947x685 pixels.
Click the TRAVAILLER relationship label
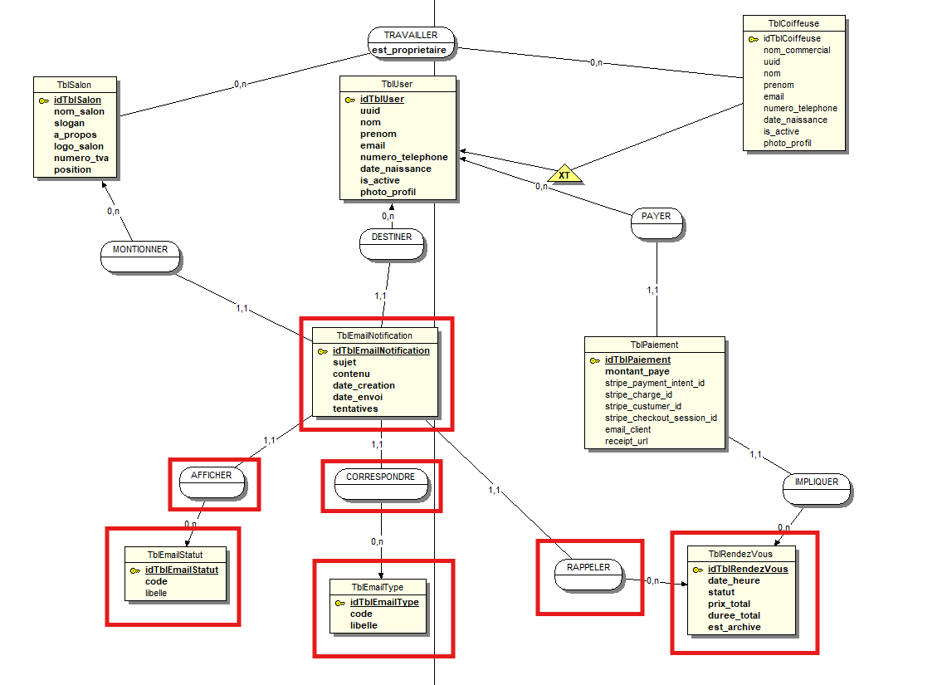coord(412,36)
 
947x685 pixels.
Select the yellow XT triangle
coord(564,174)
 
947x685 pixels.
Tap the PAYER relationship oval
coord(657,217)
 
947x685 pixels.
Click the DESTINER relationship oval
coord(391,237)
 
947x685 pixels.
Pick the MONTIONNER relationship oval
coord(140,250)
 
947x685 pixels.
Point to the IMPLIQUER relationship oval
coord(817,482)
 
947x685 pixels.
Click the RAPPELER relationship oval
coord(588,568)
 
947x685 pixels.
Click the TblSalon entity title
coord(75,86)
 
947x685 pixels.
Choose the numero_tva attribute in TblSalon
coord(81,158)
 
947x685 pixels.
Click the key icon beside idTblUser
coord(350,100)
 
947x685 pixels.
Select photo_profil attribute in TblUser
coord(388,192)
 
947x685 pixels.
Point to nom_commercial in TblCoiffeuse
coord(797,50)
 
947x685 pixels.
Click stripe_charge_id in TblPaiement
coord(639,395)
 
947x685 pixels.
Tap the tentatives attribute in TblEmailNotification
coord(355,409)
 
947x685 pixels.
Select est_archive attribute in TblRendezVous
coord(734,627)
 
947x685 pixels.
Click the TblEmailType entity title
coord(378,587)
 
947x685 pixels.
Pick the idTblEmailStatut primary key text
coord(182,570)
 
